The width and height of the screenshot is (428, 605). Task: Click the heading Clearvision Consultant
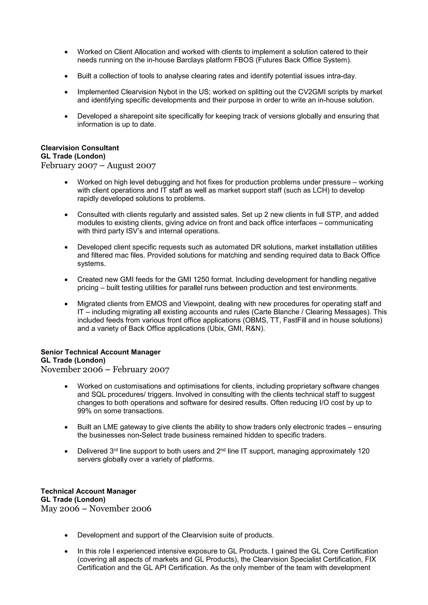[80, 148]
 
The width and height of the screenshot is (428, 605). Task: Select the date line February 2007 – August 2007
[98, 165]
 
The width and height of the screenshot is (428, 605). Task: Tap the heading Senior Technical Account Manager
[100, 352]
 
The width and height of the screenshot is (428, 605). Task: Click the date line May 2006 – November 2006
[96, 508]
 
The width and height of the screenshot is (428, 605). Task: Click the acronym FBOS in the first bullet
[244, 60]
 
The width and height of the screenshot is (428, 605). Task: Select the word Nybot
[168, 92]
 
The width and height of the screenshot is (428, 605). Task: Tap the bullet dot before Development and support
[66, 536]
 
